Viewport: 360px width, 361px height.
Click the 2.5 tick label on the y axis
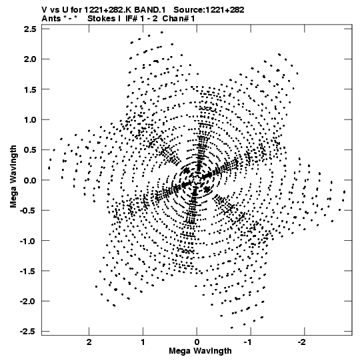pos(30,29)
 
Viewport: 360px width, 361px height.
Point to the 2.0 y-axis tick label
pos(30,59)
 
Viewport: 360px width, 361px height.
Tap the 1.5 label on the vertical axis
pos(30,89)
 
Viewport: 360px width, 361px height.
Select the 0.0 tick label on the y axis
pos(30,180)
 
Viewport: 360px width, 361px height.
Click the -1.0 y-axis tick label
pos(28,241)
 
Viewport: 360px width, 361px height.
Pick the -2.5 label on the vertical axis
pos(28,332)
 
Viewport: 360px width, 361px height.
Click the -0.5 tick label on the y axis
pos(28,211)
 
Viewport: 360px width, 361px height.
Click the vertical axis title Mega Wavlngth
pos(13,177)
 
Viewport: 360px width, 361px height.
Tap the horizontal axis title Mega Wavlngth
pos(201,351)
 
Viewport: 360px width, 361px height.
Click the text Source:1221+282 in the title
pos(209,10)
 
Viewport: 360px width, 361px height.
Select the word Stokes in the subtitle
pos(102,19)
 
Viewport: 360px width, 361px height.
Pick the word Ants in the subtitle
pos(51,19)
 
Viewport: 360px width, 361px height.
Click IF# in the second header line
pos(131,19)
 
